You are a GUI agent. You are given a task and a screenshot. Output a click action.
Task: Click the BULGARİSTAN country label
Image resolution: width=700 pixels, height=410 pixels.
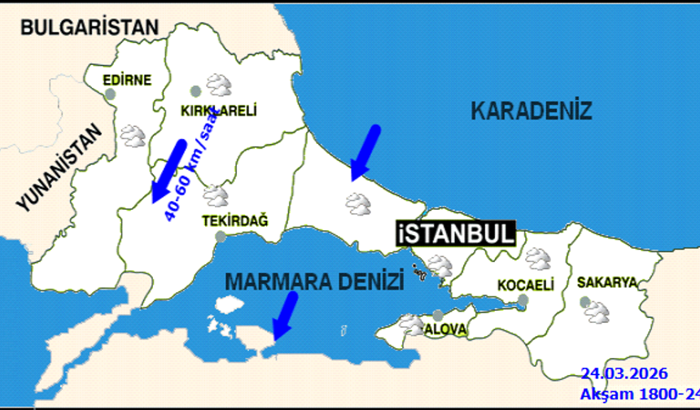[x=90, y=27]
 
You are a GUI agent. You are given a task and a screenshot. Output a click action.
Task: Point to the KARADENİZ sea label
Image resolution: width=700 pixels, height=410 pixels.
[x=532, y=111]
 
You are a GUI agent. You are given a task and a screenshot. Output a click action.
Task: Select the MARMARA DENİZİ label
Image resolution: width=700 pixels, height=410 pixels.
[x=314, y=282]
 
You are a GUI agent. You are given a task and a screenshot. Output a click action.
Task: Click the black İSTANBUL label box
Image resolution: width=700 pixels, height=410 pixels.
[x=456, y=233]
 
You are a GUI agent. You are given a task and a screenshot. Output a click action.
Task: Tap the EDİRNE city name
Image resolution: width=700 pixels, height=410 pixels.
[x=128, y=80]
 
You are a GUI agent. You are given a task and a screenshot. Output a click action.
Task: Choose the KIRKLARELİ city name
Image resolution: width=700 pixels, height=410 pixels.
[x=217, y=111]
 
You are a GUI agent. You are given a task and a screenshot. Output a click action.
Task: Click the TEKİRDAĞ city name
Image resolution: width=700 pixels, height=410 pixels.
[x=234, y=220]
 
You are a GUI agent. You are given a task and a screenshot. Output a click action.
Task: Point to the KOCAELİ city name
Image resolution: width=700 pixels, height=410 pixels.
[x=526, y=286]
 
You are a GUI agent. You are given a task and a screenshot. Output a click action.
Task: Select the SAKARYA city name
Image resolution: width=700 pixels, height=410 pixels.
[x=606, y=282]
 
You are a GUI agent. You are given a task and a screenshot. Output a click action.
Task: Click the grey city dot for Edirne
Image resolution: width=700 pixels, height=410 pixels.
[x=111, y=94]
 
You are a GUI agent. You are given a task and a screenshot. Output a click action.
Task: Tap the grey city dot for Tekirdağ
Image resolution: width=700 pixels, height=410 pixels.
[x=221, y=237]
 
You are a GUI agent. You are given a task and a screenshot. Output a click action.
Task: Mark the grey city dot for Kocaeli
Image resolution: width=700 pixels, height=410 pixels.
[x=523, y=300]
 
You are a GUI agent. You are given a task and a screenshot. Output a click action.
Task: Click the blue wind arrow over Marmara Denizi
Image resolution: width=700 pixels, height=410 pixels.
[x=284, y=315]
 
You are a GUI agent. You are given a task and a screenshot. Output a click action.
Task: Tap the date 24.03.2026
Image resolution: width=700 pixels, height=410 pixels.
[x=624, y=374]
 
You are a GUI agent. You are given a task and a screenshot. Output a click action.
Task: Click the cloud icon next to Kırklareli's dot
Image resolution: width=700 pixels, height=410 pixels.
[x=218, y=85]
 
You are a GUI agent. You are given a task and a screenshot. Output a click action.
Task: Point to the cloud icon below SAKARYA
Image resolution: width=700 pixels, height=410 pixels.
[x=599, y=311]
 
